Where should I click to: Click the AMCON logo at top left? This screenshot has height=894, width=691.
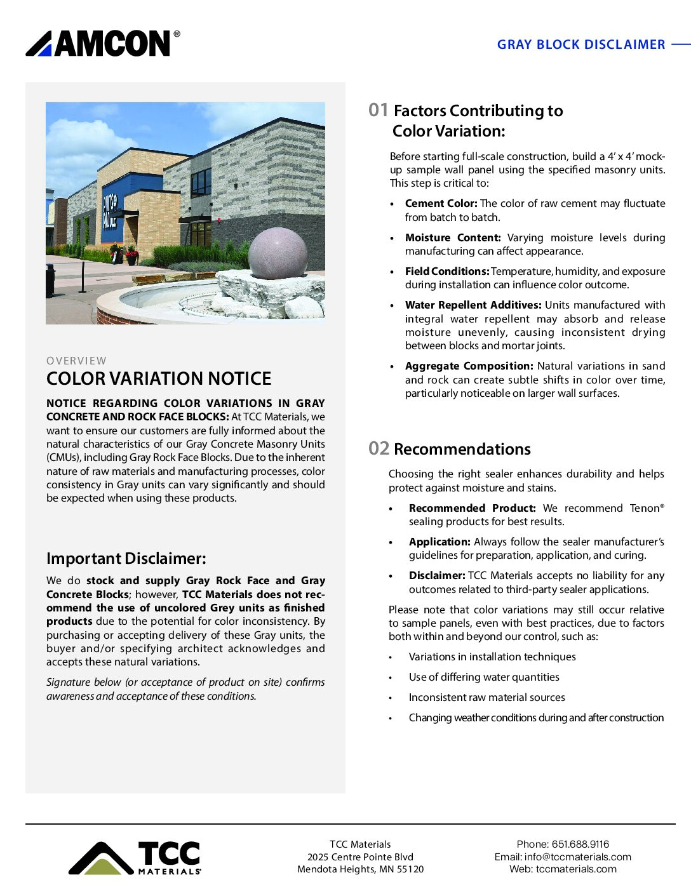(x=102, y=44)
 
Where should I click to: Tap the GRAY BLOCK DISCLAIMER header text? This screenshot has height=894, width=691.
(x=580, y=44)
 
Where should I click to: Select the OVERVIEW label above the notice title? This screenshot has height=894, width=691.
(x=76, y=361)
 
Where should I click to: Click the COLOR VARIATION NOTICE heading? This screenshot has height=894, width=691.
(x=159, y=379)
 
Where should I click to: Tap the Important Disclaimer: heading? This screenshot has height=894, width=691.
(x=126, y=559)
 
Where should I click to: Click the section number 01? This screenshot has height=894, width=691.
(x=378, y=110)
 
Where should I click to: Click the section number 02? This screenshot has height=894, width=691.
(x=379, y=448)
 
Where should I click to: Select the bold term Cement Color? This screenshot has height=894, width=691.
(x=441, y=204)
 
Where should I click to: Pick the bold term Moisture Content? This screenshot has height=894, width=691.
(x=453, y=237)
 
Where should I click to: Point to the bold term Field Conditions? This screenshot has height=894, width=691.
(x=446, y=271)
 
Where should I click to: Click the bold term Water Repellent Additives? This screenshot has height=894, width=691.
(x=473, y=305)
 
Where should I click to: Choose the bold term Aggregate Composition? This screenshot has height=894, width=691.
(x=469, y=366)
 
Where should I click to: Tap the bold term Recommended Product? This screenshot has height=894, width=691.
(x=472, y=508)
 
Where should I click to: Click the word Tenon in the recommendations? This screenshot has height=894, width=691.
(x=644, y=508)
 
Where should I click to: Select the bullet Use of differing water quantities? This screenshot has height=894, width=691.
(x=484, y=677)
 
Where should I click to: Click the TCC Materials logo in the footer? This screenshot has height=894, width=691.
(x=135, y=858)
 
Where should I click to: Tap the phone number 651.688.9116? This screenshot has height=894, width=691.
(x=580, y=844)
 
